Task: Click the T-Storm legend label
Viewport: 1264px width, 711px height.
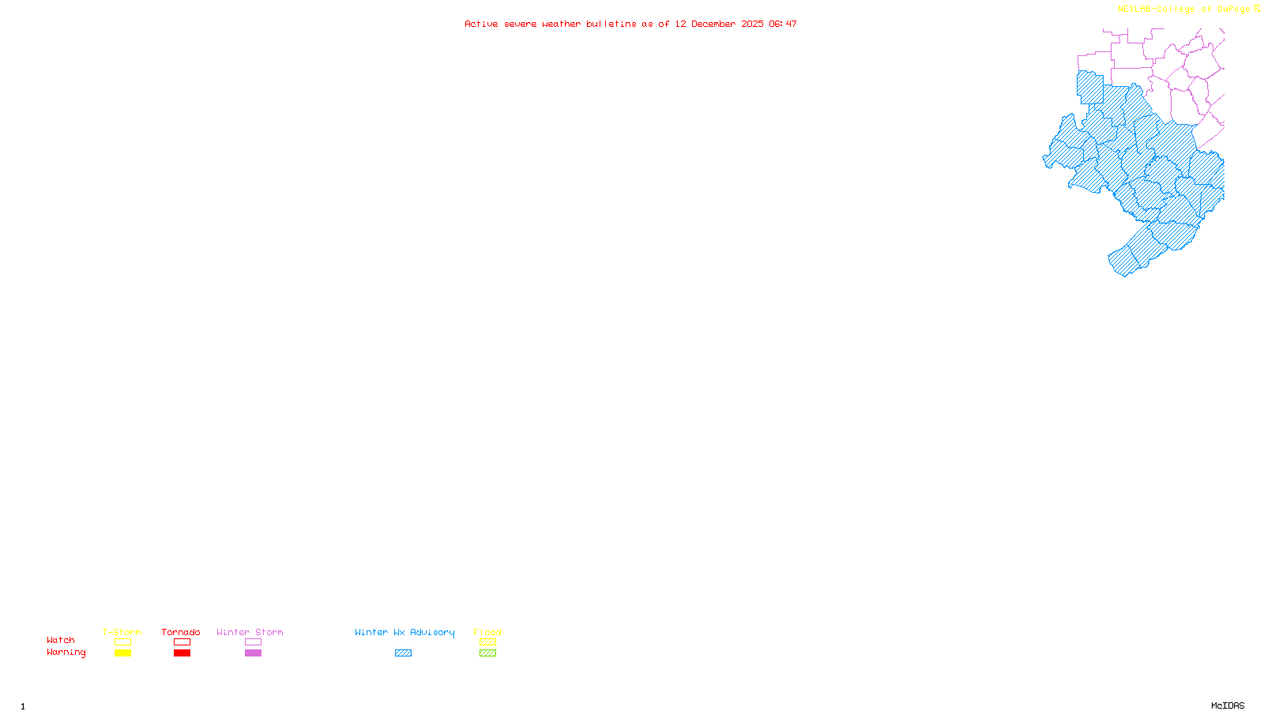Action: [x=122, y=632]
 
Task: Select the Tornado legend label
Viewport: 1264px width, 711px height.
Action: [x=181, y=632]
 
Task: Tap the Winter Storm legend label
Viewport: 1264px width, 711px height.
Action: [x=250, y=632]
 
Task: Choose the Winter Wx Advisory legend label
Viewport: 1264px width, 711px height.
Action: [x=404, y=632]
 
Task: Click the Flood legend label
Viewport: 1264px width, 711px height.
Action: [x=487, y=632]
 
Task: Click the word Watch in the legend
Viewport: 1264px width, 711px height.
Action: [x=61, y=640]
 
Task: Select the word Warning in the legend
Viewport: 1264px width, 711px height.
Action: [x=66, y=653]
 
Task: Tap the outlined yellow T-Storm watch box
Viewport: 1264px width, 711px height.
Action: [x=122, y=642]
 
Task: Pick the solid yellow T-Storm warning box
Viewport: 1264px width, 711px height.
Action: [x=122, y=653]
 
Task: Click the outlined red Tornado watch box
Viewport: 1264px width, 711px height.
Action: [x=182, y=642]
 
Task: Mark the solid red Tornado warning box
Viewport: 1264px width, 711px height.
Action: [x=182, y=653]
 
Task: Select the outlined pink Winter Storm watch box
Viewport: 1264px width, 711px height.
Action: [x=253, y=642]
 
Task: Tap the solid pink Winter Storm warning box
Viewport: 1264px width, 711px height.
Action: [x=253, y=653]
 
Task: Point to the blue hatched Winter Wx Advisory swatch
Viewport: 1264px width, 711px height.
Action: [x=403, y=653]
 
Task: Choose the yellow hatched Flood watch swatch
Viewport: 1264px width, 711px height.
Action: [x=487, y=642]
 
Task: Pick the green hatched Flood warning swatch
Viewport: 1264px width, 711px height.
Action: [x=487, y=653]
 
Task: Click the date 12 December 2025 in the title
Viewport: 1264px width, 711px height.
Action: [x=719, y=24]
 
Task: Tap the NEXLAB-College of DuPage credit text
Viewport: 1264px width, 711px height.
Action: [x=1184, y=9]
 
